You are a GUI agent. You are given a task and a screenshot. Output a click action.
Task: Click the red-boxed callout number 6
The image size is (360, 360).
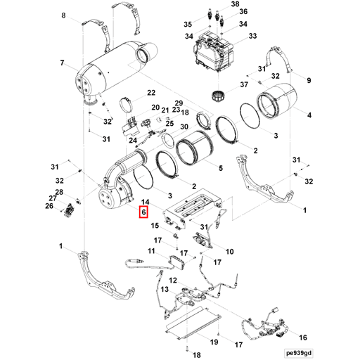[143, 212]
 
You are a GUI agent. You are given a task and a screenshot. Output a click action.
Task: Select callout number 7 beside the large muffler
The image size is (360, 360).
[62, 63]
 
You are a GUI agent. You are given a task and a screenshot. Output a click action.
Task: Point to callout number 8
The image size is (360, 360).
[65, 15]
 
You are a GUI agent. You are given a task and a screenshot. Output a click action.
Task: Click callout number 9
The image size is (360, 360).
[307, 80]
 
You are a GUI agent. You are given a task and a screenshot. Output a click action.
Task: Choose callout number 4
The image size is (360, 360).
[309, 115]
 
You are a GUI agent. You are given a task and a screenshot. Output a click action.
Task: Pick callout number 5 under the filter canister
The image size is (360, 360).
[220, 168]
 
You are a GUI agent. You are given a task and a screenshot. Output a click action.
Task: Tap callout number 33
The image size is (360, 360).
[252, 36]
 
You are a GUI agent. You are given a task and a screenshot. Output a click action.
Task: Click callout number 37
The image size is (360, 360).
[244, 86]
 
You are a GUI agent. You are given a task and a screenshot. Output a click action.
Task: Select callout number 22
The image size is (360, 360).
[150, 93]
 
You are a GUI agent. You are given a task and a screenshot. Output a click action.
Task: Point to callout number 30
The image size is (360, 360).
[184, 127]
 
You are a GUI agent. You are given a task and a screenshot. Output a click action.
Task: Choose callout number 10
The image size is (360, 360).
[229, 251]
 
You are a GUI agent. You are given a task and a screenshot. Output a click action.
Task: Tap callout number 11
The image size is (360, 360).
[151, 252]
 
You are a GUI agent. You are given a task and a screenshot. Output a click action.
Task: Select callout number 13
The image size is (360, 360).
[164, 290]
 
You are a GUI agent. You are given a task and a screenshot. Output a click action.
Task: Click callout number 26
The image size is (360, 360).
[49, 206]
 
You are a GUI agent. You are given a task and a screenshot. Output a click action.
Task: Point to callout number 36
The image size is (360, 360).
[243, 12]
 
